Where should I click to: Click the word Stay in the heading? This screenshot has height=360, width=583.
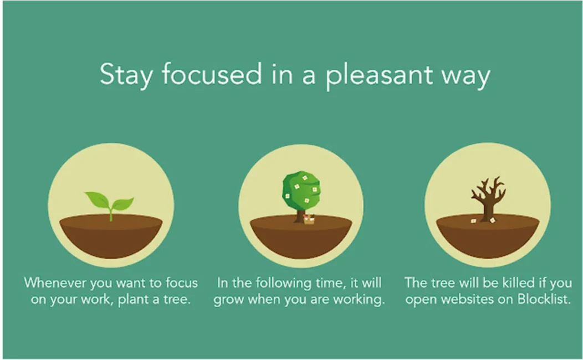pos(126,75)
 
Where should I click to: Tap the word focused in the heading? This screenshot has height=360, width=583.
pos(212,74)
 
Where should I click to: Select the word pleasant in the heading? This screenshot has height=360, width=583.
pos(379,76)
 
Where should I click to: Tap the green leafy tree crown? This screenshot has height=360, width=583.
pos(301,190)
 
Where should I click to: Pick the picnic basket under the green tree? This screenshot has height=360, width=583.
pos(309,219)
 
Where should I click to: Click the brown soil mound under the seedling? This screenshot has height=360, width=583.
pos(111,238)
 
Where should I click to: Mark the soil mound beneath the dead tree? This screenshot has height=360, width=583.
pos(488,238)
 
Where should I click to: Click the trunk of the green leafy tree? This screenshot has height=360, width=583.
pos(299,215)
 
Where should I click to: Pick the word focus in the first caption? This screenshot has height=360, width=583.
pos(181,282)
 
